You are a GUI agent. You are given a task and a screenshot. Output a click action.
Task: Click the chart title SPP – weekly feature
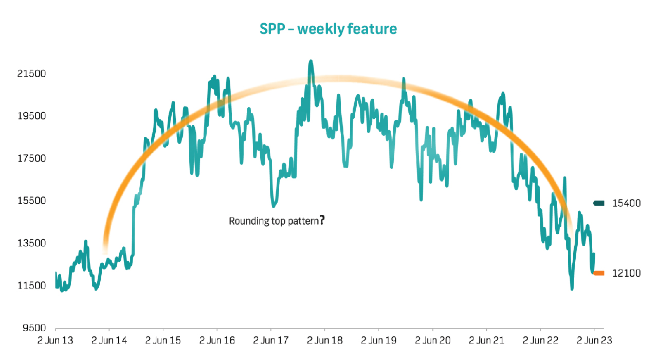click(328, 29)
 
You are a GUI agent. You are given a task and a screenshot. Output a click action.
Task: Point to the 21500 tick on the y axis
click(31, 74)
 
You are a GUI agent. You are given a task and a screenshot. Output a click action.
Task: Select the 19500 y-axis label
click(31, 116)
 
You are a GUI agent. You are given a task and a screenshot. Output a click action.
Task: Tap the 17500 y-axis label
click(31, 158)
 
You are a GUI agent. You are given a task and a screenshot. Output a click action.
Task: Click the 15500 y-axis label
click(31, 201)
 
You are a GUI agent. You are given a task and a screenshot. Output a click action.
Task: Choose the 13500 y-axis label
click(31, 243)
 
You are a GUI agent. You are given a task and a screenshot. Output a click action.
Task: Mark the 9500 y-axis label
click(31, 328)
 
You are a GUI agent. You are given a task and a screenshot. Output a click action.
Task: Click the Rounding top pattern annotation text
click(273, 222)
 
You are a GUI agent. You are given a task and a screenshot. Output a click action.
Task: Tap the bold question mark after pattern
click(322, 221)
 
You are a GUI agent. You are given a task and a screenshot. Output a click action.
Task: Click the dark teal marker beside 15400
click(599, 203)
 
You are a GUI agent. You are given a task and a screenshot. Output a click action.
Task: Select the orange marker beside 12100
click(599, 273)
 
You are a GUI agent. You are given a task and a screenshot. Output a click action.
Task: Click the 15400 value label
click(626, 203)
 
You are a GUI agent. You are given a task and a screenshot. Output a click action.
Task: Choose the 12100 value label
click(626, 273)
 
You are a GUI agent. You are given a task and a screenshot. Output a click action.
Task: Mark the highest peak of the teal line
click(310, 61)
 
